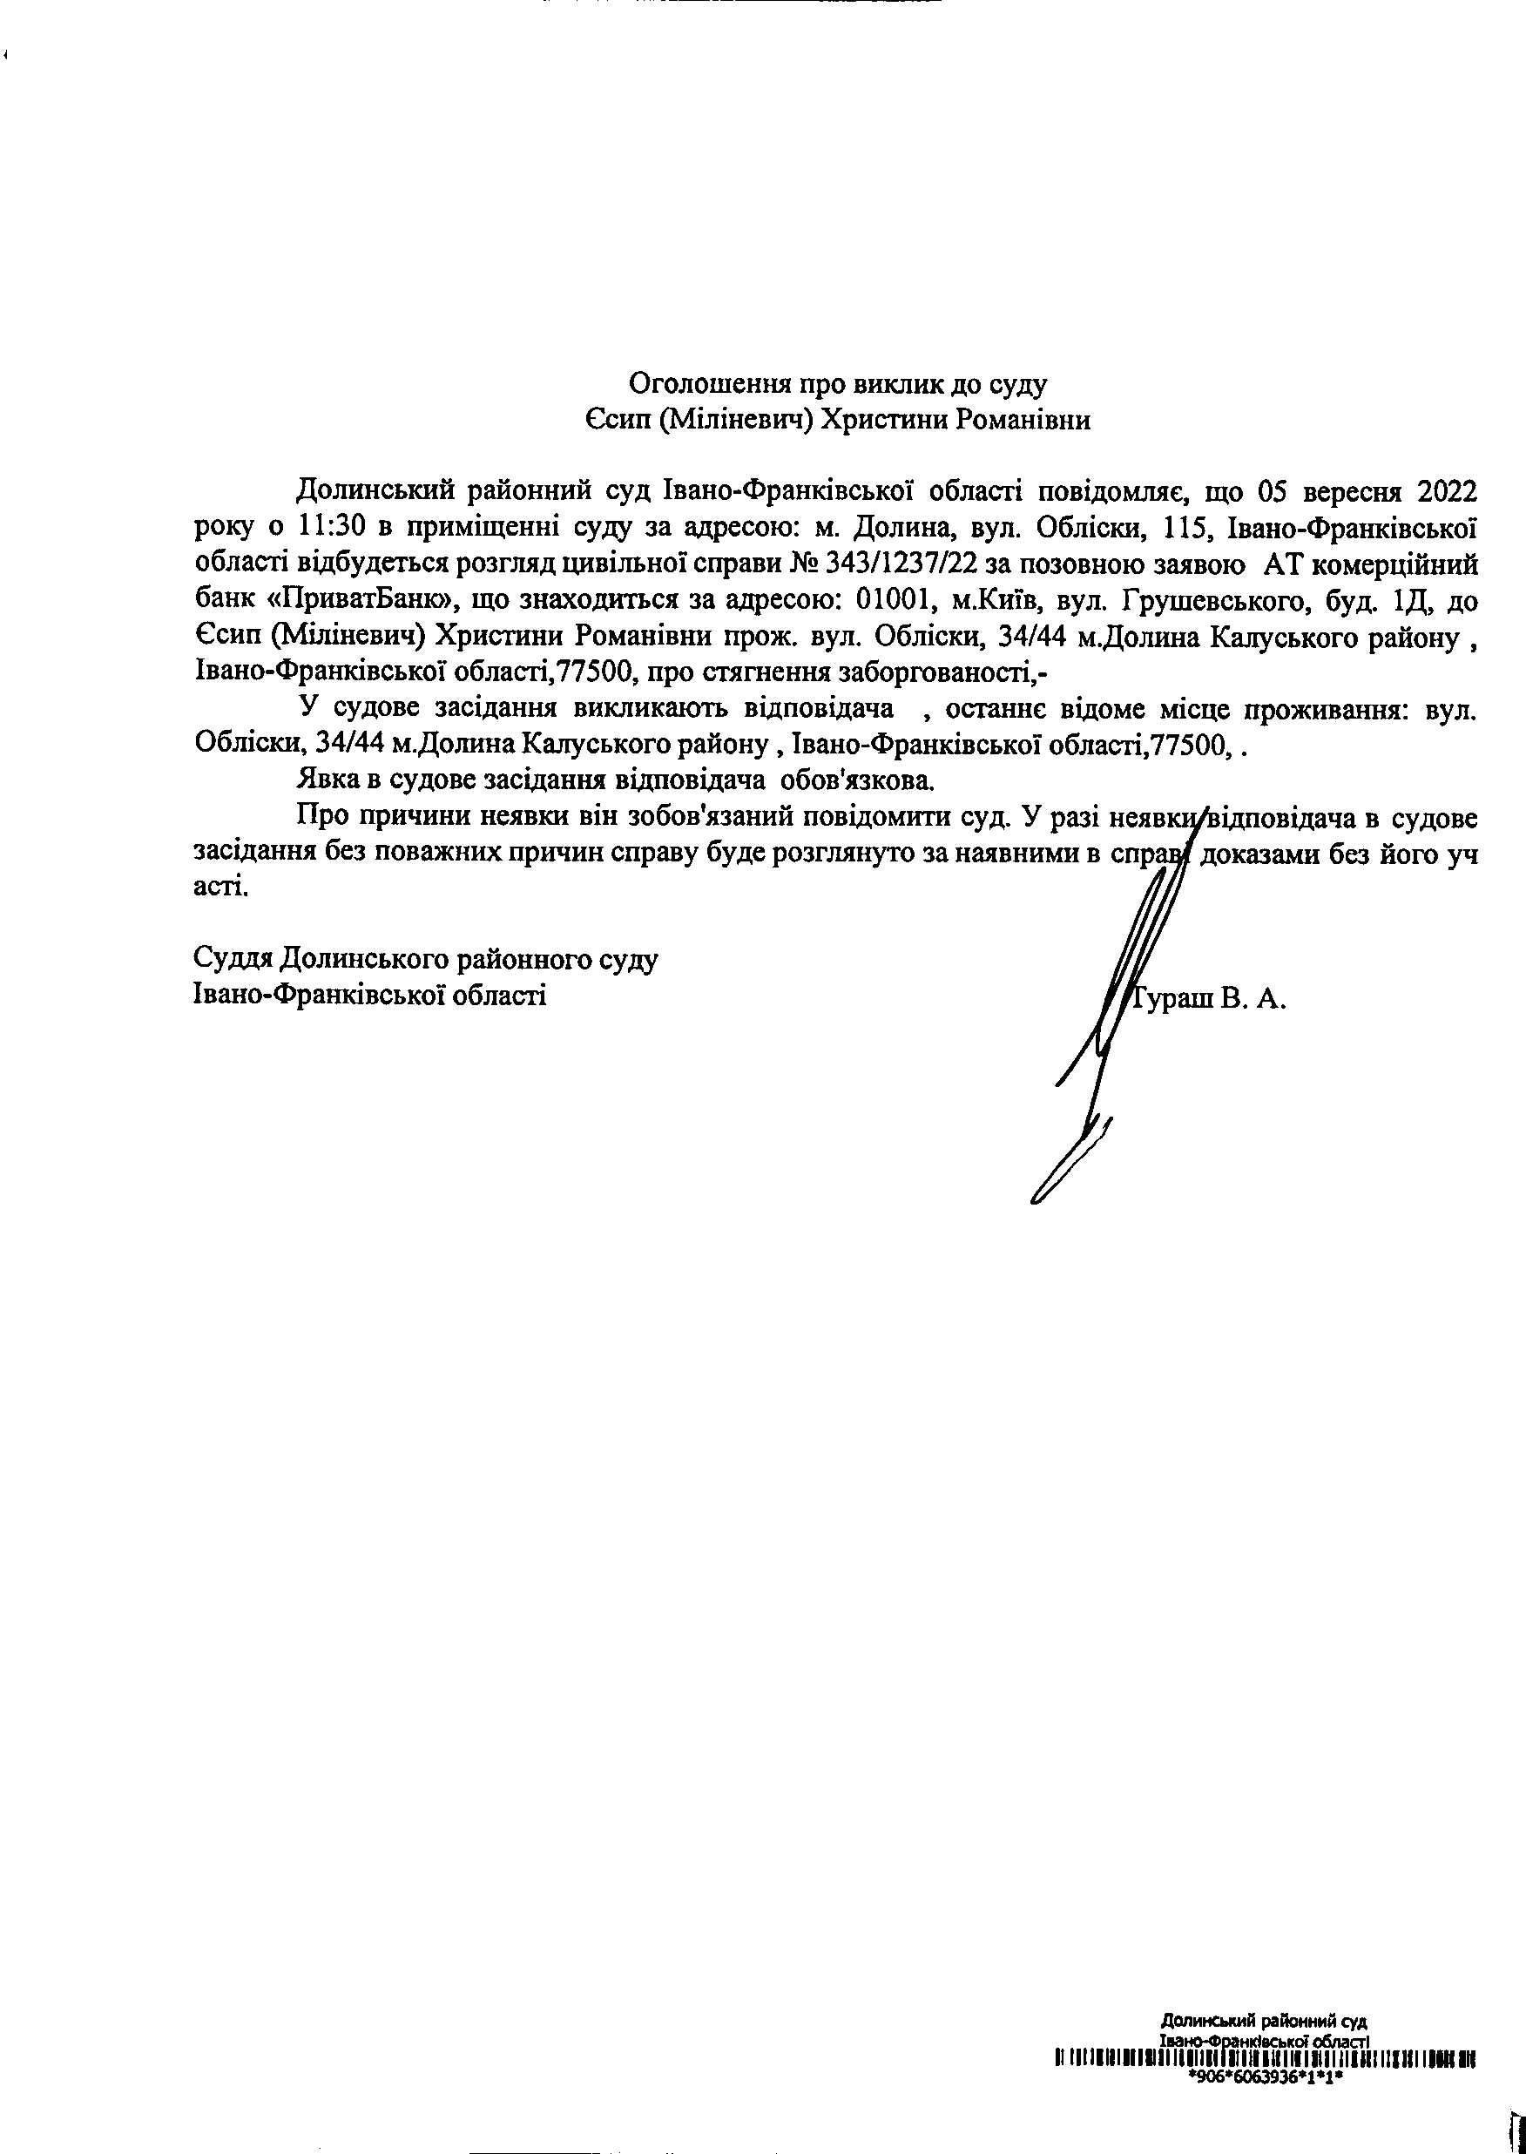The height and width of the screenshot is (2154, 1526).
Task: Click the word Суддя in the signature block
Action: (231, 959)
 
